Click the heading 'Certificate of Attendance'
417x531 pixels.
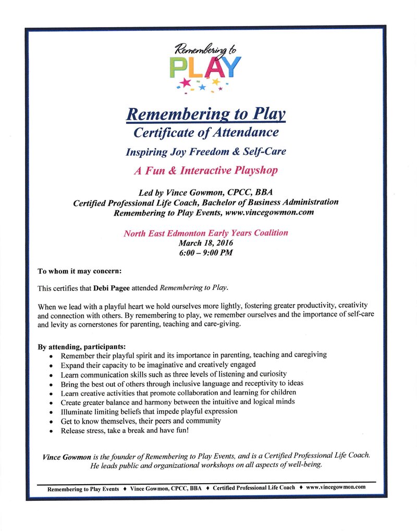tap(206, 132)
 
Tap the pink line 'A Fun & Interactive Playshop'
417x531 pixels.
tap(206, 170)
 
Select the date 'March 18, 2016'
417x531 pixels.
tap(206, 243)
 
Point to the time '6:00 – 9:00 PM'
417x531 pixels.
tap(206, 252)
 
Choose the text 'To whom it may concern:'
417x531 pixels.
tap(79, 271)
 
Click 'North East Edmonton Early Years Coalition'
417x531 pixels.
tap(206, 233)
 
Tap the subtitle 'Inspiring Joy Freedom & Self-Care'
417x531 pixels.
tap(206, 152)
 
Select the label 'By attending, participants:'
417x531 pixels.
tap(82, 346)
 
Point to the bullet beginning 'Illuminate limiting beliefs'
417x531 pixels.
tap(149, 411)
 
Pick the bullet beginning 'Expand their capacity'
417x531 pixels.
tap(158, 364)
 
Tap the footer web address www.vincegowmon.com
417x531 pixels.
tap(336, 487)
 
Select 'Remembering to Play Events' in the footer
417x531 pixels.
tap(83, 489)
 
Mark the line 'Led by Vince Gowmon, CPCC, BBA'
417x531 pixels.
tap(206, 192)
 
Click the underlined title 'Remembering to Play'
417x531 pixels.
tap(206, 113)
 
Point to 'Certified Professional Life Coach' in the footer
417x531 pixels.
tap(254, 488)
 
